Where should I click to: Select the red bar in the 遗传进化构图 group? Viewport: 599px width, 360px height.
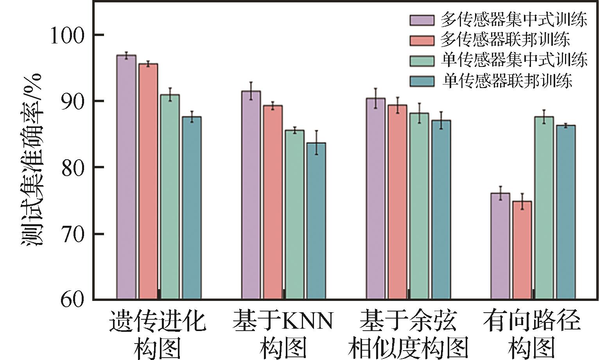point(148,182)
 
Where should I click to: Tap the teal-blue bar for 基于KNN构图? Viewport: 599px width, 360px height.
point(316,221)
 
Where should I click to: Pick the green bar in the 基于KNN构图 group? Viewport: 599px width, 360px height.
point(294,215)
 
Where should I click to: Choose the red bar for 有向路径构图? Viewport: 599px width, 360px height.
point(522,250)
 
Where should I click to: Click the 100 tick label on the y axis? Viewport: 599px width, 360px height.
point(67,36)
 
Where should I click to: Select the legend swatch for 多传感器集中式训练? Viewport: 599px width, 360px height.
point(422,20)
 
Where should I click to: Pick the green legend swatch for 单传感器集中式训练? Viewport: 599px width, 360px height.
point(422,61)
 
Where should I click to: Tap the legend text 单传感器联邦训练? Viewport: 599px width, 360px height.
point(507,81)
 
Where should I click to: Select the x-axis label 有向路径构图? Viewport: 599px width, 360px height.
point(532,335)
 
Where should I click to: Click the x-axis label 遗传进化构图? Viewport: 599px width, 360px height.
point(157,335)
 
